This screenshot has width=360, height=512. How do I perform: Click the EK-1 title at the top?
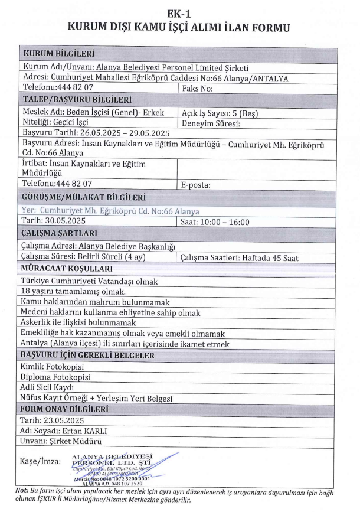180,9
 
